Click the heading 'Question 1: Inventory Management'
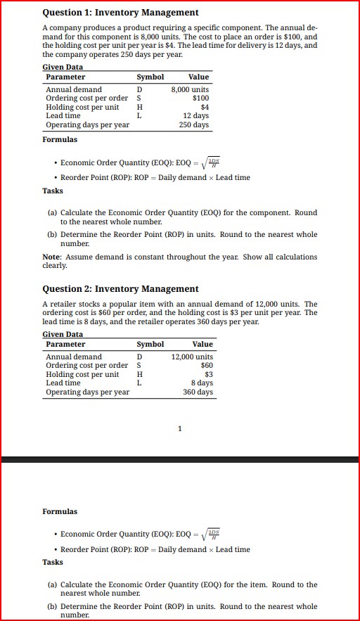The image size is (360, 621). tap(120, 13)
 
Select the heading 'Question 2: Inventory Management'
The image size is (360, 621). tap(120, 289)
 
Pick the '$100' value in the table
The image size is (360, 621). tap(200, 98)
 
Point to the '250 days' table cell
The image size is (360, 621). tap(194, 124)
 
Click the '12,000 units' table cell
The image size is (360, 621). tap(192, 357)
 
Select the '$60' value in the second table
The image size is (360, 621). tap(207, 366)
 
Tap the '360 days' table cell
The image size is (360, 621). tap(198, 392)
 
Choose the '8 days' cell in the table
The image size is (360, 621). tap(201, 383)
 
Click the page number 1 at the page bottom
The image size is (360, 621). tap(180, 428)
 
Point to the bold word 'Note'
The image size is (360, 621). tap(52, 257)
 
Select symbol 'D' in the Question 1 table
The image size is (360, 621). tap(139, 89)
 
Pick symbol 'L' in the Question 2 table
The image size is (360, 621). tap(139, 383)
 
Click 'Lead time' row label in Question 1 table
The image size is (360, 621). tap(63, 115)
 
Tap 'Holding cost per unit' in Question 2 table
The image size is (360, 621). tap(82, 375)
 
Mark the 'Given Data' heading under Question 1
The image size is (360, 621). tap(63, 67)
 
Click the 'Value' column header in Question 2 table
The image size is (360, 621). tap(202, 345)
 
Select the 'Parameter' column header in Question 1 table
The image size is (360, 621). tap(65, 77)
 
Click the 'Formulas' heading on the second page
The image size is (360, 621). tap(60, 511)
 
